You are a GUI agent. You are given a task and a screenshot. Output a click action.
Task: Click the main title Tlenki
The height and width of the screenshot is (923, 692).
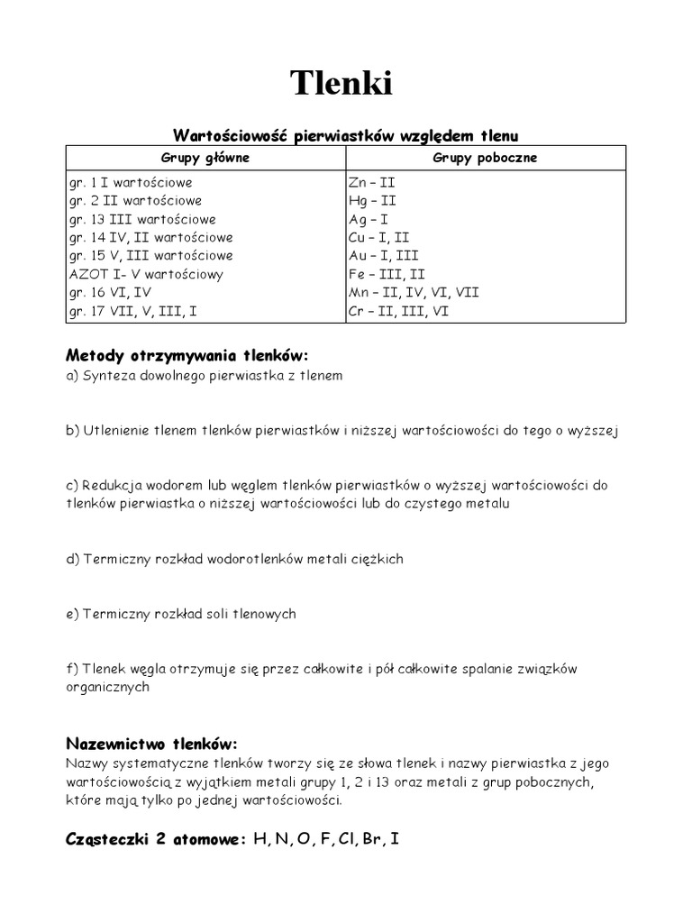[x=341, y=84]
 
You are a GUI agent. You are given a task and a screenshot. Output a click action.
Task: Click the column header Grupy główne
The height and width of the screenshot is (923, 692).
[x=205, y=157]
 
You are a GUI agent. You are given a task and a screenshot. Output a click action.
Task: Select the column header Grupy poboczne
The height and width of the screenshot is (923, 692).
[x=485, y=157]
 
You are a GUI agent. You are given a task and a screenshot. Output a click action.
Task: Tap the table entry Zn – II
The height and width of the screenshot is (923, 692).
[x=371, y=182]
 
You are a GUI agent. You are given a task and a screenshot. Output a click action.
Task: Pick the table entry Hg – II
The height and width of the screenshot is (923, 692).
[x=372, y=200]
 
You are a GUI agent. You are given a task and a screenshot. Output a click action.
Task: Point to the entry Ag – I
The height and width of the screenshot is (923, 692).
[x=369, y=219]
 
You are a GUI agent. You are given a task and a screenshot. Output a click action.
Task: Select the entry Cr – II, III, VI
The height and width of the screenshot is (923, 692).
[x=397, y=311]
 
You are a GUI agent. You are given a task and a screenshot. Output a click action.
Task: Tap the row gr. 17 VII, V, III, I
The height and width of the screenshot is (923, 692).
[x=135, y=311]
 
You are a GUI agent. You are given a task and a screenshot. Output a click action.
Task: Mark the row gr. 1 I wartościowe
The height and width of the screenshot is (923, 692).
[x=130, y=182]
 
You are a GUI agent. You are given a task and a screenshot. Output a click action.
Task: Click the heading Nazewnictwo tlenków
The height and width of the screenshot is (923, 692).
[x=151, y=743]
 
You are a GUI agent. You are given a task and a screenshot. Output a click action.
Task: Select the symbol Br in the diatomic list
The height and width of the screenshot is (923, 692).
[x=372, y=839]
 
